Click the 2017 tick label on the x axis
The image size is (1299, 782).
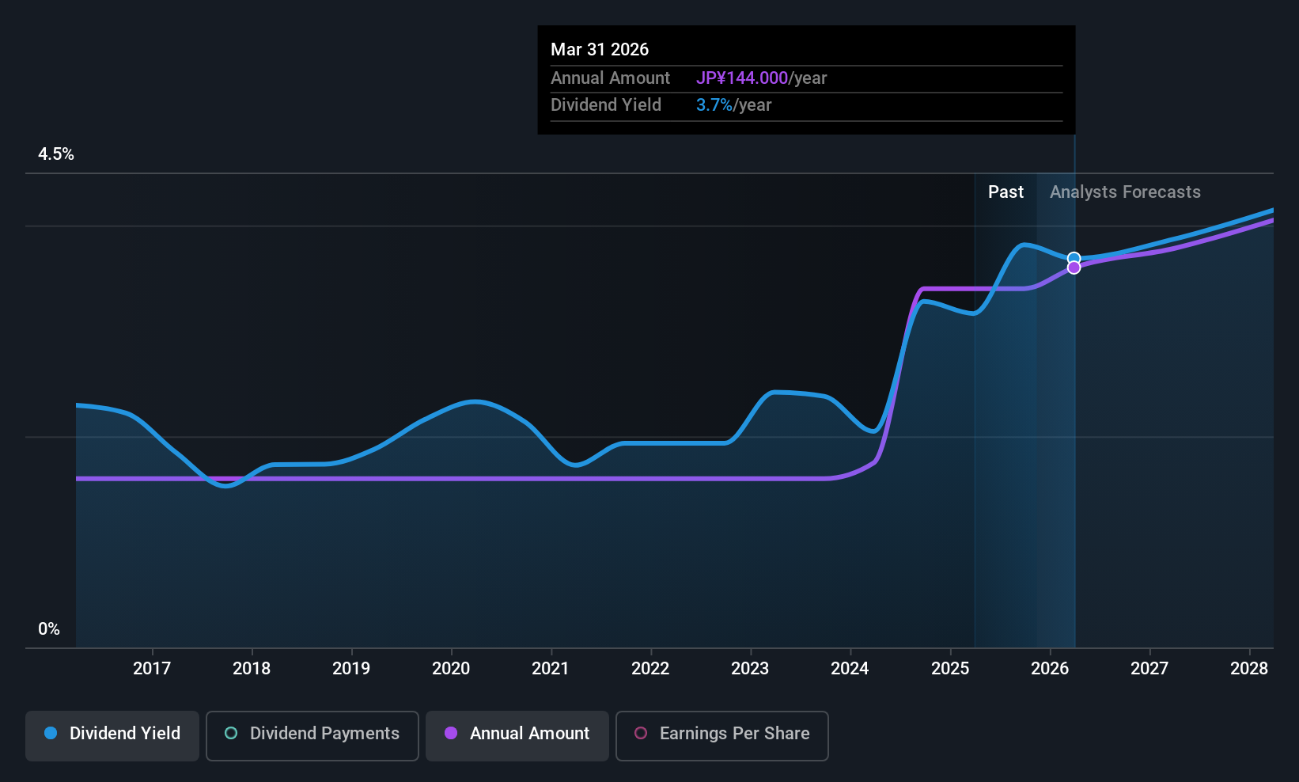pyautogui.click(x=151, y=668)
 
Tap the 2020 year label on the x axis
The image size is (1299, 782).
pyautogui.click(x=450, y=668)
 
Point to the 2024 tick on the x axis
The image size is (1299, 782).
pyautogui.click(x=850, y=668)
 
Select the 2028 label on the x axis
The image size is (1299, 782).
pyautogui.click(x=1248, y=668)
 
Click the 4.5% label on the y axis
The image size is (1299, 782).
pyautogui.click(x=55, y=154)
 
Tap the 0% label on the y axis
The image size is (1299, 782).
pyautogui.click(x=48, y=629)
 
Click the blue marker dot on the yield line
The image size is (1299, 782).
pyautogui.click(x=1074, y=258)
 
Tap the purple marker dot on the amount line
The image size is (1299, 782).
pyautogui.click(x=1074, y=268)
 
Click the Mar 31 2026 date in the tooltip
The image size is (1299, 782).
pyautogui.click(x=599, y=49)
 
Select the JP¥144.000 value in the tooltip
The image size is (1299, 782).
pyautogui.click(x=741, y=78)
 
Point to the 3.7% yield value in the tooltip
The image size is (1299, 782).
pyautogui.click(x=714, y=105)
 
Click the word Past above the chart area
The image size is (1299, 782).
pyautogui.click(x=1005, y=192)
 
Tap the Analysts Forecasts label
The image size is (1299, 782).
pyautogui.click(x=1124, y=192)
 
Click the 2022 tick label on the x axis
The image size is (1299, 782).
pyautogui.click(x=649, y=668)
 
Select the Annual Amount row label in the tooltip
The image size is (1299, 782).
pyautogui.click(x=610, y=78)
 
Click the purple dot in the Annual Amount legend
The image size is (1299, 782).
pyautogui.click(x=451, y=733)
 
